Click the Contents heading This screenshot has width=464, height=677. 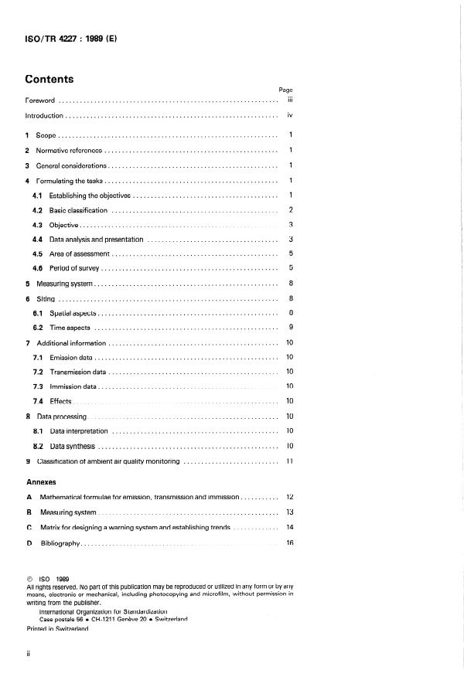point(49,79)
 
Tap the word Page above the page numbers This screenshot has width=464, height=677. point(285,90)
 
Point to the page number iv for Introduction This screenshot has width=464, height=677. point(289,115)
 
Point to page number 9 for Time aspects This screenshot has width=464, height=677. point(289,328)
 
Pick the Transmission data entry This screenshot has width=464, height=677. point(77,372)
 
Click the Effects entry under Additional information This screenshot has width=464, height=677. point(60,401)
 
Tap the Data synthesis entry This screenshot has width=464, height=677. point(73,446)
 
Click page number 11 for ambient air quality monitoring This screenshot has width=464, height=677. point(289,461)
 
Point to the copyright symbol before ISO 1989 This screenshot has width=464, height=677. point(29,577)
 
